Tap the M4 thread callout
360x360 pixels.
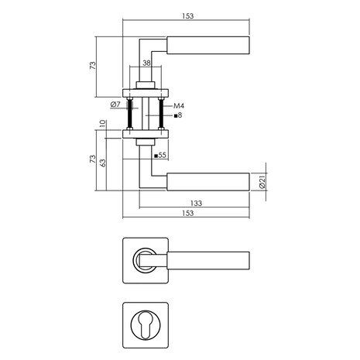pyautogui.click(x=177, y=105)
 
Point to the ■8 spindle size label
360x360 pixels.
pyautogui.click(x=177, y=115)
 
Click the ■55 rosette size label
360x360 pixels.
pyautogui.click(x=161, y=156)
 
